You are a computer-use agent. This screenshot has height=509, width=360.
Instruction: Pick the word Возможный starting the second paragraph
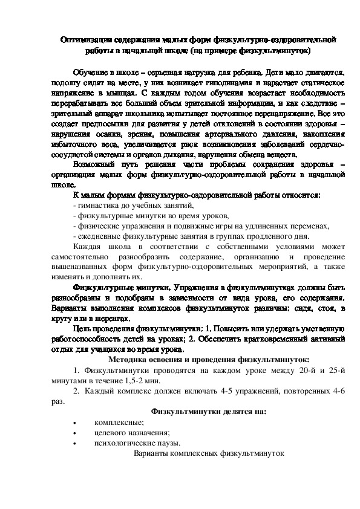click(91, 166)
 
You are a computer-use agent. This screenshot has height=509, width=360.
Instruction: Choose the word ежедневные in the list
click(97, 236)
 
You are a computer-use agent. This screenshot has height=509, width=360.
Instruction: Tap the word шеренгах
click(112, 318)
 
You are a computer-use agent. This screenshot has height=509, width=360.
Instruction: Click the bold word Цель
click(82, 328)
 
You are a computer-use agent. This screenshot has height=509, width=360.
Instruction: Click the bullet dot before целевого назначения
click(74, 432)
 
